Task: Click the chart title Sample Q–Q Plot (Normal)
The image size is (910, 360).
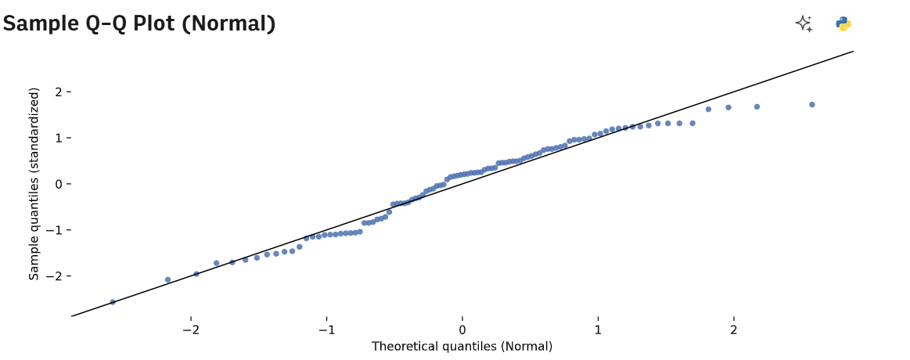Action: (139, 23)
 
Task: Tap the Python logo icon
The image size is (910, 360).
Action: (843, 23)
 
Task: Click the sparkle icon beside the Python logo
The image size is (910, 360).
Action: (804, 23)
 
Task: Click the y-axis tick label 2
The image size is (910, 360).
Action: (58, 92)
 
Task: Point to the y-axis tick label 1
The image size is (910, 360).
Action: (58, 138)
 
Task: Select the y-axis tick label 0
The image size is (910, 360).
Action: (58, 184)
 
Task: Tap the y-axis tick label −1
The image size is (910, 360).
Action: (55, 230)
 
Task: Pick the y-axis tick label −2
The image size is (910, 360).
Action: (55, 275)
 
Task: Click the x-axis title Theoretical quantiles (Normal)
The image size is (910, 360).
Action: (462, 347)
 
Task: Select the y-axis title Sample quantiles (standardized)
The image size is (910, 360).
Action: (34, 184)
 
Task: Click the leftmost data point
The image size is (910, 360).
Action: (113, 302)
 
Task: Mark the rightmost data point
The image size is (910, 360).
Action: (812, 105)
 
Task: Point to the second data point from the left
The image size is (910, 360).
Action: (167, 279)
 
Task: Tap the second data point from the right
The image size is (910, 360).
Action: (757, 106)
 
